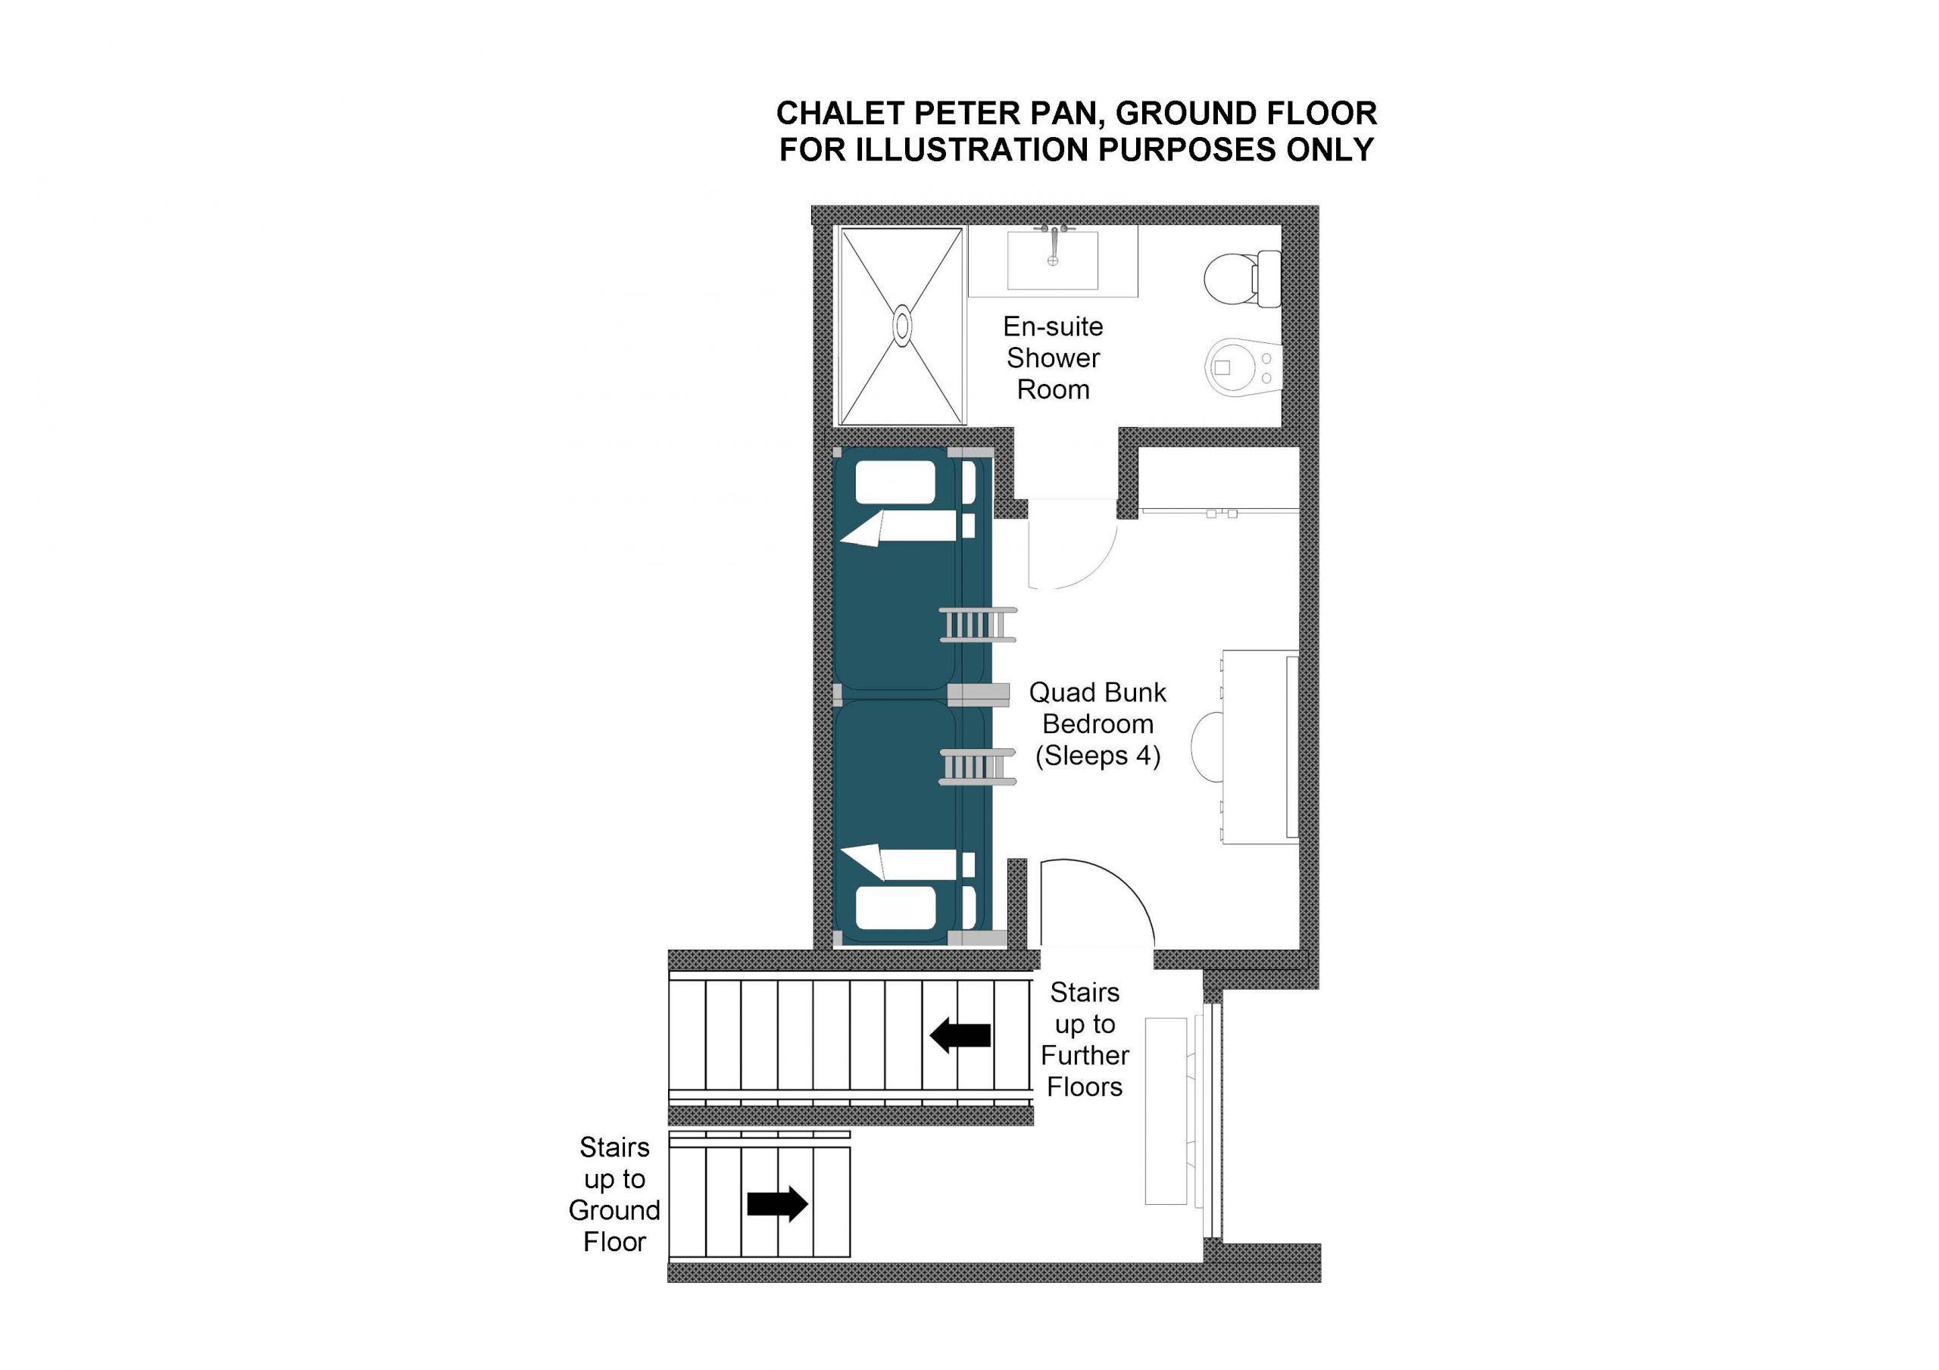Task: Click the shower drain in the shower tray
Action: click(x=903, y=325)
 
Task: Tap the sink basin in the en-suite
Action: click(x=1053, y=261)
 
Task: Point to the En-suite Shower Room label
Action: click(x=1053, y=358)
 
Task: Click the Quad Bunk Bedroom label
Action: click(x=1098, y=724)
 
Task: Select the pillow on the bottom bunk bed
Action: click(x=895, y=908)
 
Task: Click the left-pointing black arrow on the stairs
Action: click(x=960, y=1035)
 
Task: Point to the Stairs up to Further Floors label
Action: click(x=1085, y=1040)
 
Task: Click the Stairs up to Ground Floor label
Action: click(x=614, y=1194)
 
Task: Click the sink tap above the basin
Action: click(x=1053, y=239)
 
